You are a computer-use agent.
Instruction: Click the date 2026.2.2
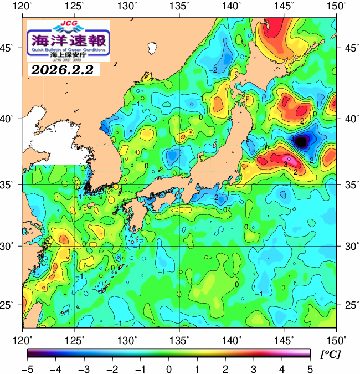61,70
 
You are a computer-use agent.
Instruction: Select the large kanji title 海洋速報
68,40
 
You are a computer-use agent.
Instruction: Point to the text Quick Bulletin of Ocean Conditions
68,50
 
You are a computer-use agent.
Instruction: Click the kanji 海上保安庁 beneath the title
68,55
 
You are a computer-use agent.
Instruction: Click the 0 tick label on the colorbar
168,370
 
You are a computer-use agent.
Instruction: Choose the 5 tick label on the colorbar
310,370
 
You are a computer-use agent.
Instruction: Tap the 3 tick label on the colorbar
254,370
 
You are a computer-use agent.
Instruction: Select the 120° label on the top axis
23,6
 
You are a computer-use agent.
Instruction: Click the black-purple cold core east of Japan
301,142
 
